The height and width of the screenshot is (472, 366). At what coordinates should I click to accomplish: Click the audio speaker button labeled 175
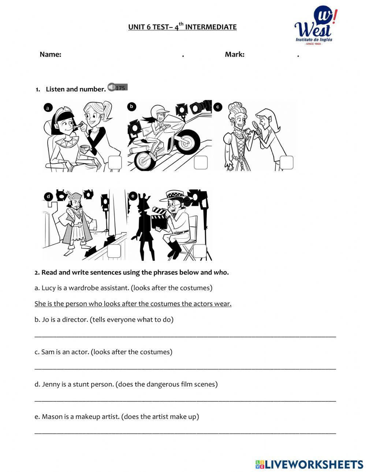[x=117, y=87]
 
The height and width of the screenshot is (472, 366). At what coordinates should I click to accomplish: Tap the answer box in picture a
[x=115, y=163]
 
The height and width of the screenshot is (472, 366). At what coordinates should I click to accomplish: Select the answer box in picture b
[x=201, y=163]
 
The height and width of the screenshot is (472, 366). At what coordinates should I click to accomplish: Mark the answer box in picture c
[x=287, y=163]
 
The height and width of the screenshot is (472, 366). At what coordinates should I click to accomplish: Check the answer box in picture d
[x=114, y=251]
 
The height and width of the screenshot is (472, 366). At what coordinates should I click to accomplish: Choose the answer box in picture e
[x=200, y=251]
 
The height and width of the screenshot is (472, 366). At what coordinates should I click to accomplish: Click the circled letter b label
[x=131, y=106]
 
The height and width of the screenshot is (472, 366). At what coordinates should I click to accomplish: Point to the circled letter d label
[x=48, y=197]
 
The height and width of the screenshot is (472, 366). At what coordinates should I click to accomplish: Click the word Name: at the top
[x=50, y=54]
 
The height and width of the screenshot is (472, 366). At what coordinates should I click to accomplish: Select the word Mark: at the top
[x=235, y=54]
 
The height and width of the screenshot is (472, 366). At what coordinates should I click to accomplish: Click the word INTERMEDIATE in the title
[x=211, y=27]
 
